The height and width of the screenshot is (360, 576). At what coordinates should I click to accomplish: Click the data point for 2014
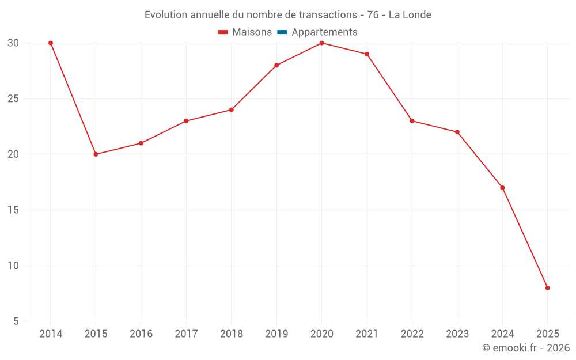51,43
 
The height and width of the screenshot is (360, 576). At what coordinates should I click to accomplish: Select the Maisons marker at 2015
96,154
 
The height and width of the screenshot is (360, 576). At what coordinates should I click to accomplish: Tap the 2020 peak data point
321,43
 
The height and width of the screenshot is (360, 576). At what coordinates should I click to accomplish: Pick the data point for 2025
547,288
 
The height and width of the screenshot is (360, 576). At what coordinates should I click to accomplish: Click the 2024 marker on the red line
502,188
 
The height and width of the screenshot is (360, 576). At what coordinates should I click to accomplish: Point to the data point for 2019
276,65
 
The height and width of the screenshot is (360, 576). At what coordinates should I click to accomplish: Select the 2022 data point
412,121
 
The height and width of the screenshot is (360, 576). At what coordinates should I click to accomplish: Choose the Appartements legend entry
324,32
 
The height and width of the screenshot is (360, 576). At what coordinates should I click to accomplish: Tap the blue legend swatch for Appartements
282,32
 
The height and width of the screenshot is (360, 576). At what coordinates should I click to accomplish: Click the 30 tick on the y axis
14,43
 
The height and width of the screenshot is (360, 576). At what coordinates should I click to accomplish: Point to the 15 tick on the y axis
14,210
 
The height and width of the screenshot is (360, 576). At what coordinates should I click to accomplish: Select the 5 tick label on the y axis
16,321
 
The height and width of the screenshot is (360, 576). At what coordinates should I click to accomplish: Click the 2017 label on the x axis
186,334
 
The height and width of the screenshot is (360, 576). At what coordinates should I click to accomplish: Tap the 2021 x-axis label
367,334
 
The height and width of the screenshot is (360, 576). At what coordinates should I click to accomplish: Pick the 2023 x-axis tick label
457,334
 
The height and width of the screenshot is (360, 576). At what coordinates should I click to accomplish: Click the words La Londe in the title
410,15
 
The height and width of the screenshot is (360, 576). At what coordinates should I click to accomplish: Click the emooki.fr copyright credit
525,348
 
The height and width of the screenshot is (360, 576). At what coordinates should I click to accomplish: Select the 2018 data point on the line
231,109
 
